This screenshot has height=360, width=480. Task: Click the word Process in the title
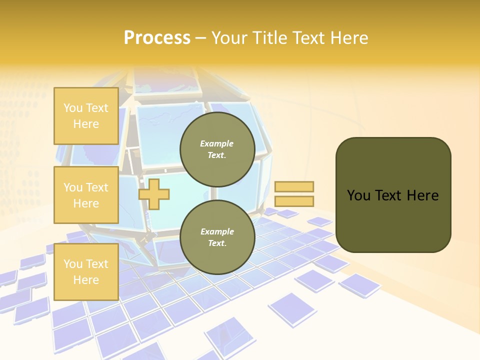tap(157, 38)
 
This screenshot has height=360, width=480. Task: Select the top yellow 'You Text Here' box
tap(86, 116)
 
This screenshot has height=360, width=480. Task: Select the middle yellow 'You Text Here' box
tap(86, 195)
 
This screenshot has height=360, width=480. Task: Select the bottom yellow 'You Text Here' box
tap(86, 271)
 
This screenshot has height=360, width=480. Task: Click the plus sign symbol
tap(154, 194)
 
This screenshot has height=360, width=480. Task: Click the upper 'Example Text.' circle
tap(217, 149)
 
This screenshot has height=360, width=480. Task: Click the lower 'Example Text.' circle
tap(217, 237)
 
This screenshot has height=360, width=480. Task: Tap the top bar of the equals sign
tap(294, 186)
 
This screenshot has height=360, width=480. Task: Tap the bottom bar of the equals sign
tap(294, 201)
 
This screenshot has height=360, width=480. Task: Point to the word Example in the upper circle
tap(217, 143)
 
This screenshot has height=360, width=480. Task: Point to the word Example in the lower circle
tap(217, 231)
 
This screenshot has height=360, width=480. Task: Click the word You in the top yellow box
tap(72, 108)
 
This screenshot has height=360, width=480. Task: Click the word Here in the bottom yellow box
tap(86, 280)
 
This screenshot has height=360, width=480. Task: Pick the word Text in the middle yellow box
tap(97, 187)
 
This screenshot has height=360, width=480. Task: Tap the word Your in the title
tap(229, 38)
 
